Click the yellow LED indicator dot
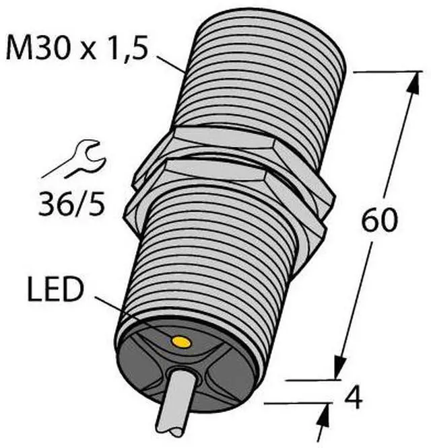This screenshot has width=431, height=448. coord(181,342)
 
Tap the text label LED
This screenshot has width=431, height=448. coord(55,290)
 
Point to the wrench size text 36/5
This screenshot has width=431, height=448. coord(71,204)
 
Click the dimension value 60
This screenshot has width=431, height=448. coord(380,219)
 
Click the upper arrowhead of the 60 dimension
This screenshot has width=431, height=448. coord(414,82)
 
